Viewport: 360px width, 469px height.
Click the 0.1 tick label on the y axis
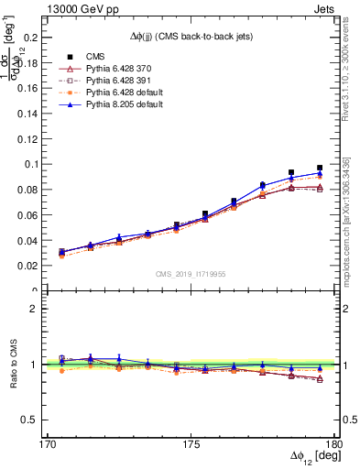pos(37,164)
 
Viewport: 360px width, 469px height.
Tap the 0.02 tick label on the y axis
pos(34,266)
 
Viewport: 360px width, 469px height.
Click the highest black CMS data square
pos(320,168)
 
